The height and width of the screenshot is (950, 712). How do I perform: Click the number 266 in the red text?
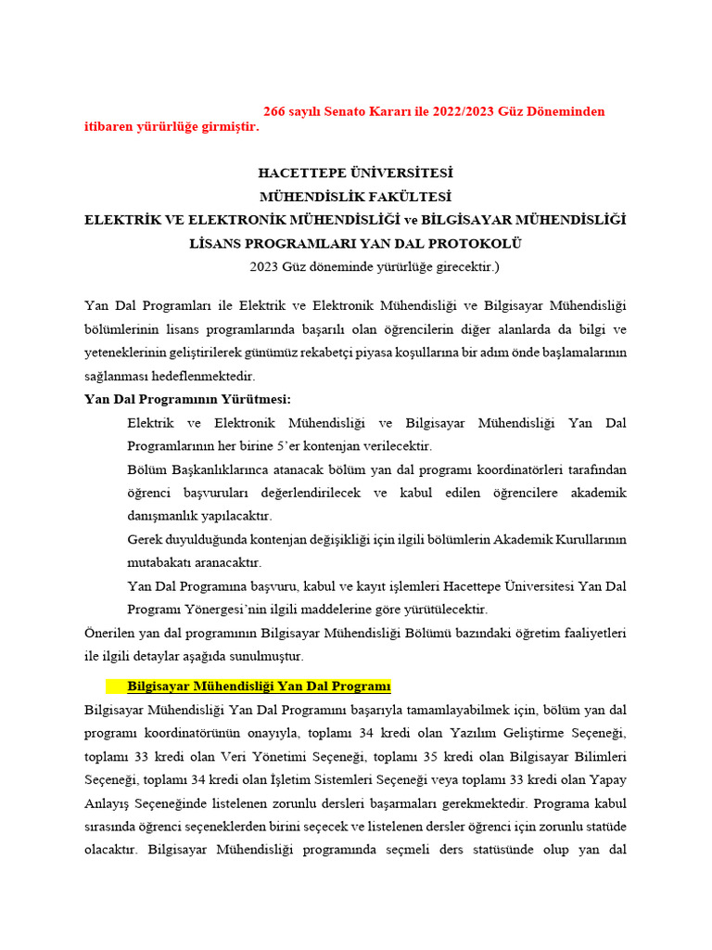274,111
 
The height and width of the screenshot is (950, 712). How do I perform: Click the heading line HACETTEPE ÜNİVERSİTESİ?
355,173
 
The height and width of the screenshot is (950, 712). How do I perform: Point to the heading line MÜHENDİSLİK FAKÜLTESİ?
355,197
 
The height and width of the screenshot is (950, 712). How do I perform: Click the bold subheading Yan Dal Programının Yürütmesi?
187,399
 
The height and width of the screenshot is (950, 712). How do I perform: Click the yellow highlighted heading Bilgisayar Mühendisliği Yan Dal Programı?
259,687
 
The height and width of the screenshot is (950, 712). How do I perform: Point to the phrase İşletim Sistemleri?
282,779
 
